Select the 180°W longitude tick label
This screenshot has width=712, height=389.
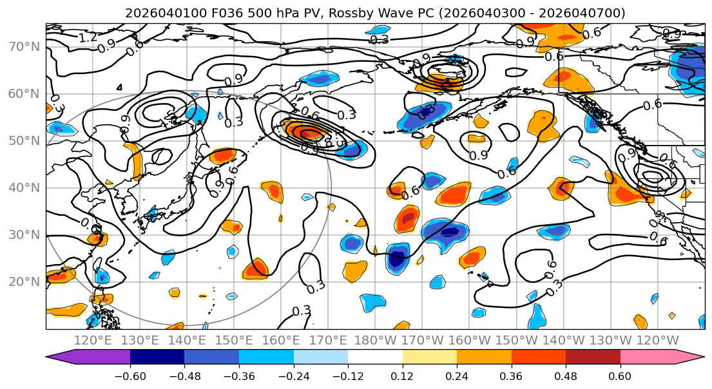(376, 340)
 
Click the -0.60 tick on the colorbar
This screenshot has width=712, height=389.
(130, 375)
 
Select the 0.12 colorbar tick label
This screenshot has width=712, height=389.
(402, 375)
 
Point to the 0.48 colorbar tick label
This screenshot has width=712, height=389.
(566, 375)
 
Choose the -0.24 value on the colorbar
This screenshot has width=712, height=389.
(293, 375)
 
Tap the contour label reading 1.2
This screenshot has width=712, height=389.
(88, 38)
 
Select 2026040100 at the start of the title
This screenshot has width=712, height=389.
(155, 13)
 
